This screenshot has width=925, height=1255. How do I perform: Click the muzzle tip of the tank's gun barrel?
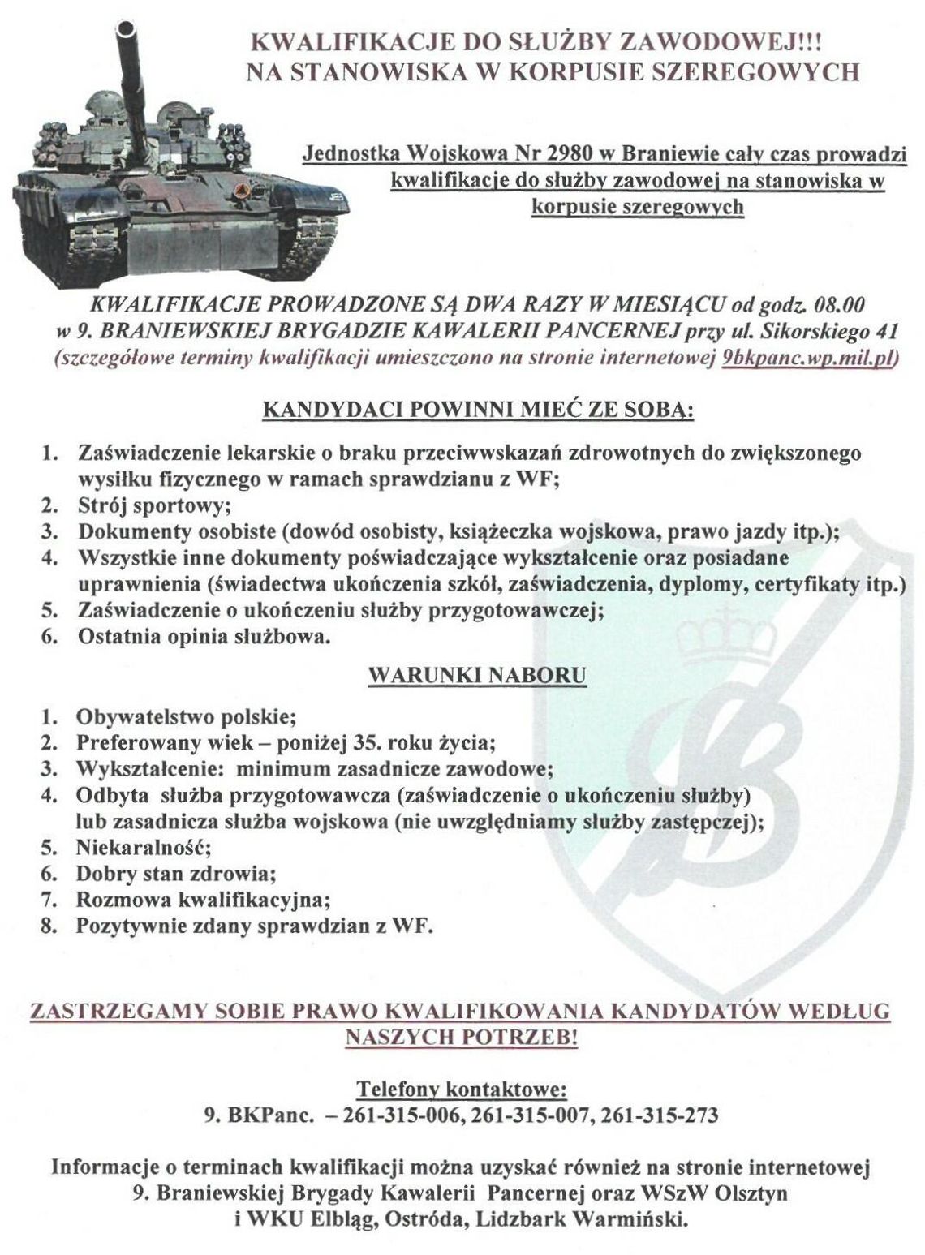pos(126,30)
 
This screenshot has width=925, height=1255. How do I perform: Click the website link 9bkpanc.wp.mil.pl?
pos(807,359)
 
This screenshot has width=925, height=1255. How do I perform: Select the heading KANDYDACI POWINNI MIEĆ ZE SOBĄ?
pos(477,411)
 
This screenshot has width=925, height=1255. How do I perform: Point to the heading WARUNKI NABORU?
pos(477,674)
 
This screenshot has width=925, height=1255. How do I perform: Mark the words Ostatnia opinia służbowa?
pos(204,637)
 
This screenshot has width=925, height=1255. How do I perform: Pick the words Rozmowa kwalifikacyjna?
pos(203,900)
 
